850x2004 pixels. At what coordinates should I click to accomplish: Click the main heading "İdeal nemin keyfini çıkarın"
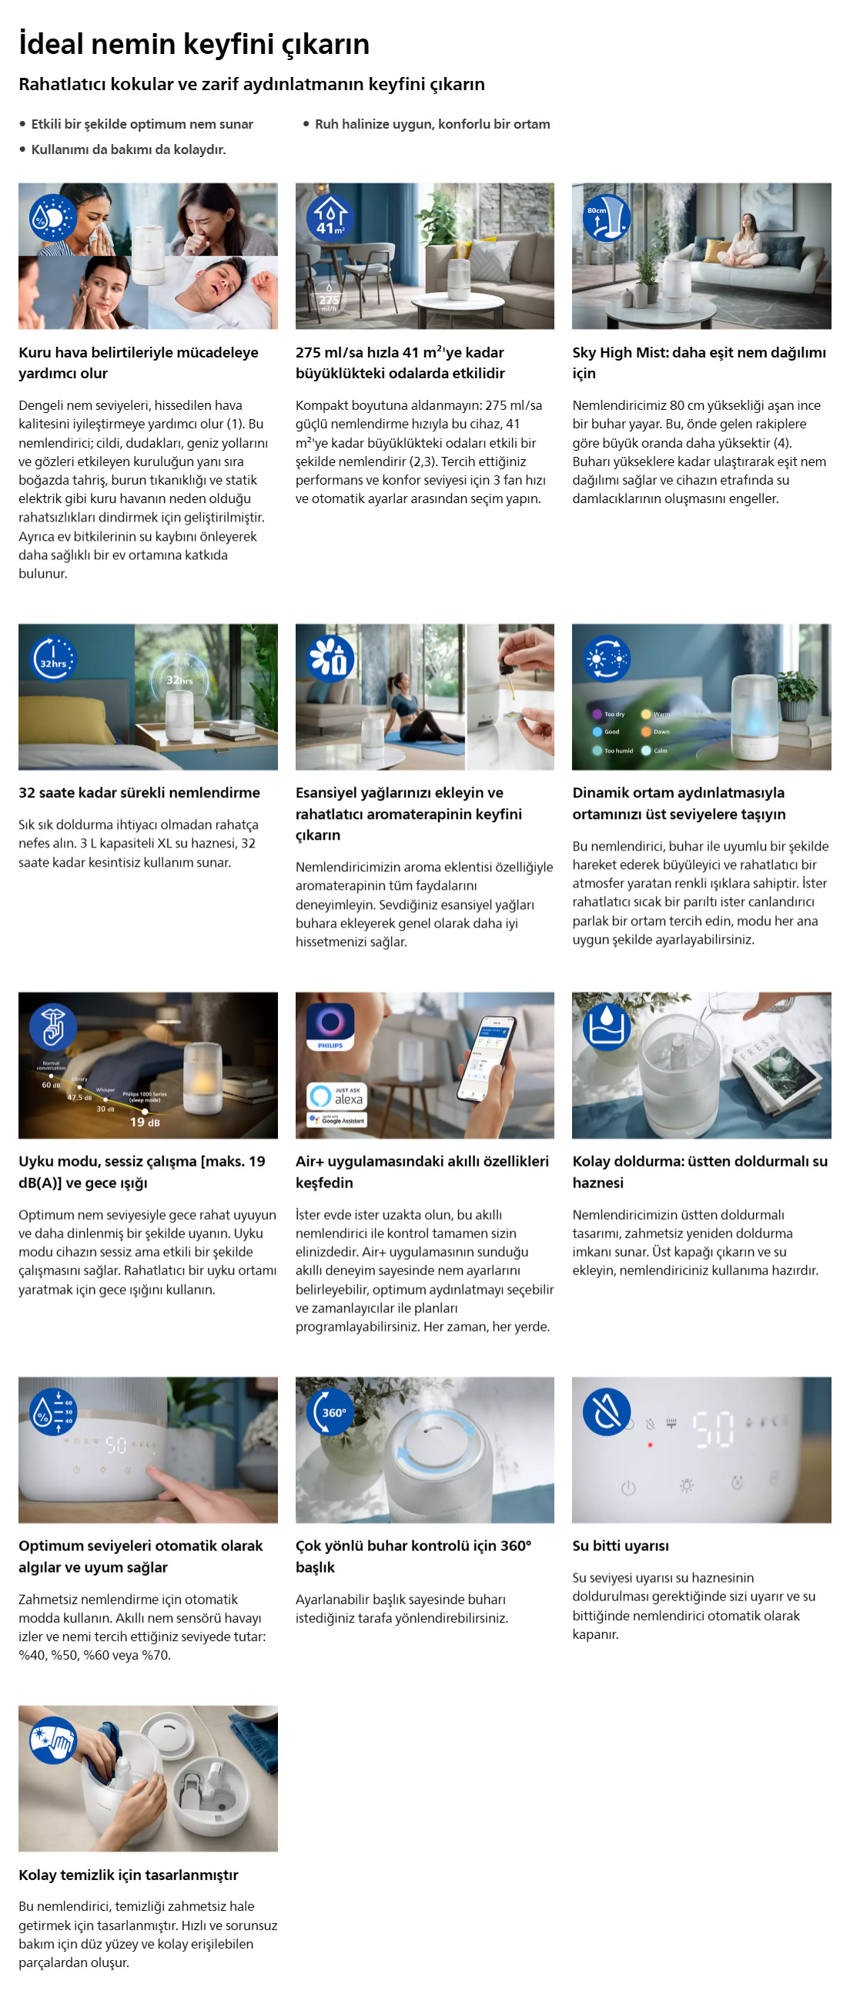pyautogui.click(x=194, y=44)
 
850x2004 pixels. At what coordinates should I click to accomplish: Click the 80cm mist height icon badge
pyautogui.click(x=607, y=217)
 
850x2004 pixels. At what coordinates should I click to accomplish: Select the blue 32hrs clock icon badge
pyautogui.click(x=53, y=658)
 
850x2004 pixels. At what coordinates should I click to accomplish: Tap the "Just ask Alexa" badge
pyautogui.click(x=336, y=1096)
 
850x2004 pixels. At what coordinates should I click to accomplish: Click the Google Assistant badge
pyautogui.click(x=336, y=1120)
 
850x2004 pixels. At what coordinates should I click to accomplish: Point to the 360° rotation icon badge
pyautogui.click(x=330, y=1412)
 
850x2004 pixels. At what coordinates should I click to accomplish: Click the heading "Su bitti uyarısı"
pyautogui.click(x=620, y=1546)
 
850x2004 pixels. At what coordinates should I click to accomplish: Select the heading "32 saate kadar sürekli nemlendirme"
pyautogui.click(x=139, y=793)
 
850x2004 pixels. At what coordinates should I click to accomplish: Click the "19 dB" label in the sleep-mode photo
pyautogui.click(x=145, y=1122)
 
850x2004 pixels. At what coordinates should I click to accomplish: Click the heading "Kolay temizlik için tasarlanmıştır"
pyautogui.click(x=129, y=1875)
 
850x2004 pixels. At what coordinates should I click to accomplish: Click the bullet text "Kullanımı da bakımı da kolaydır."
pyautogui.click(x=129, y=149)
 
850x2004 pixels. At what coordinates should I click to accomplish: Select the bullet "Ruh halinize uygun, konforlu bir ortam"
pyautogui.click(x=432, y=124)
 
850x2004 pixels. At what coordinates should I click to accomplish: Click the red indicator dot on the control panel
pyautogui.click(x=649, y=1445)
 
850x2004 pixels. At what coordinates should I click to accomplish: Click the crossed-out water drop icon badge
pyautogui.click(x=607, y=1412)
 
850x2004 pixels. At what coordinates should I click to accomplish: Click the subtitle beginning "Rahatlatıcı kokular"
pyautogui.click(x=251, y=84)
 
